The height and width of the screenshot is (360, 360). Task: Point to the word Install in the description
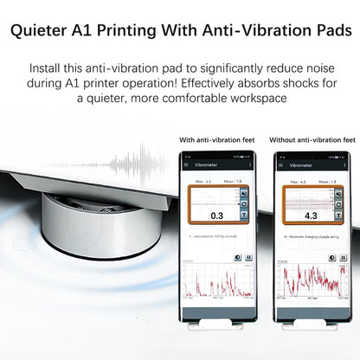point(51,67)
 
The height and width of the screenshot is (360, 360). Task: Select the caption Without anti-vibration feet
point(314,139)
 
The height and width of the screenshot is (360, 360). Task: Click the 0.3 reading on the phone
point(216,215)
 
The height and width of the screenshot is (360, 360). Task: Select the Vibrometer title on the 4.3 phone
point(304,163)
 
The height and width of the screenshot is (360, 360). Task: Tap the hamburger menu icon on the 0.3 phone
point(188,163)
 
